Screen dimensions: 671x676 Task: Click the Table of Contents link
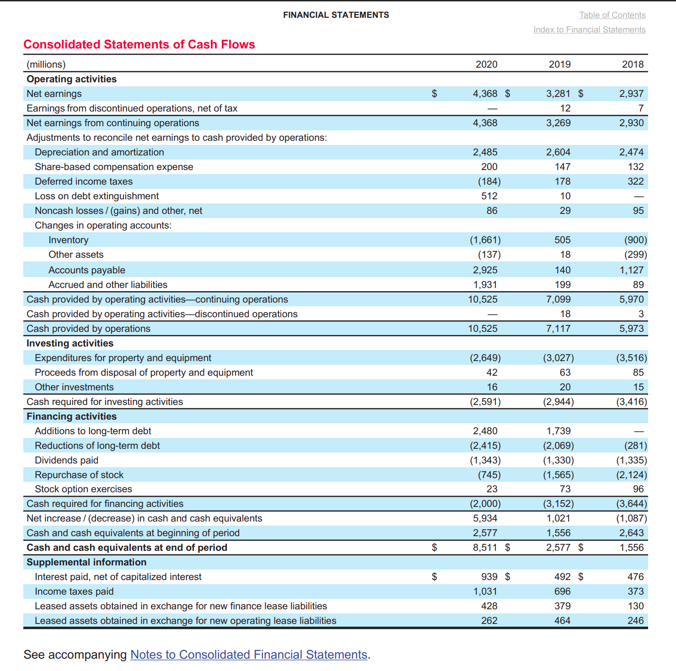click(x=612, y=15)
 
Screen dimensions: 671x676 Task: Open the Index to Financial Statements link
click(x=589, y=30)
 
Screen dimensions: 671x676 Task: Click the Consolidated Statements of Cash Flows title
click(x=139, y=44)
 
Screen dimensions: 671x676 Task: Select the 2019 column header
click(x=559, y=64)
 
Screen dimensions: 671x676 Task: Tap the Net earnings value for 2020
click(x=485, y=94)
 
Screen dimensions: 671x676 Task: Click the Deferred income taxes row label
click(x=84, y=181)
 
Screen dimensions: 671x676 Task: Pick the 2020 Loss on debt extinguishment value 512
click(x=489, y=196)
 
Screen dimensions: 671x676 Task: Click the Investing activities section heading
click(x=70, y=343)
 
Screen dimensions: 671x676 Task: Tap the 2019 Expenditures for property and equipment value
click(x=558, y=358)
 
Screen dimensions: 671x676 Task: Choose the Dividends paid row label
click(x=66, y=460)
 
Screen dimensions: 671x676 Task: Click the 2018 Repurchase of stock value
click(x=631, y=475)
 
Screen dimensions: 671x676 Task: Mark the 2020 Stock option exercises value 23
click(x=492, y=489)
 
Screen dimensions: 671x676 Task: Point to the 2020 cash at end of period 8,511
click(x=485, y=548)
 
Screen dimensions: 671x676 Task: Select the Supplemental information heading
click(x=86, y=562)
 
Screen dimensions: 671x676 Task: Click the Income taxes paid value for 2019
click(x=562, y=591)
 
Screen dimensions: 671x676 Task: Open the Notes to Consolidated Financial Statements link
click(x=249, y=655)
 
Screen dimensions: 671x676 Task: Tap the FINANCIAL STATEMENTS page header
click(x=336, y=15)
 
